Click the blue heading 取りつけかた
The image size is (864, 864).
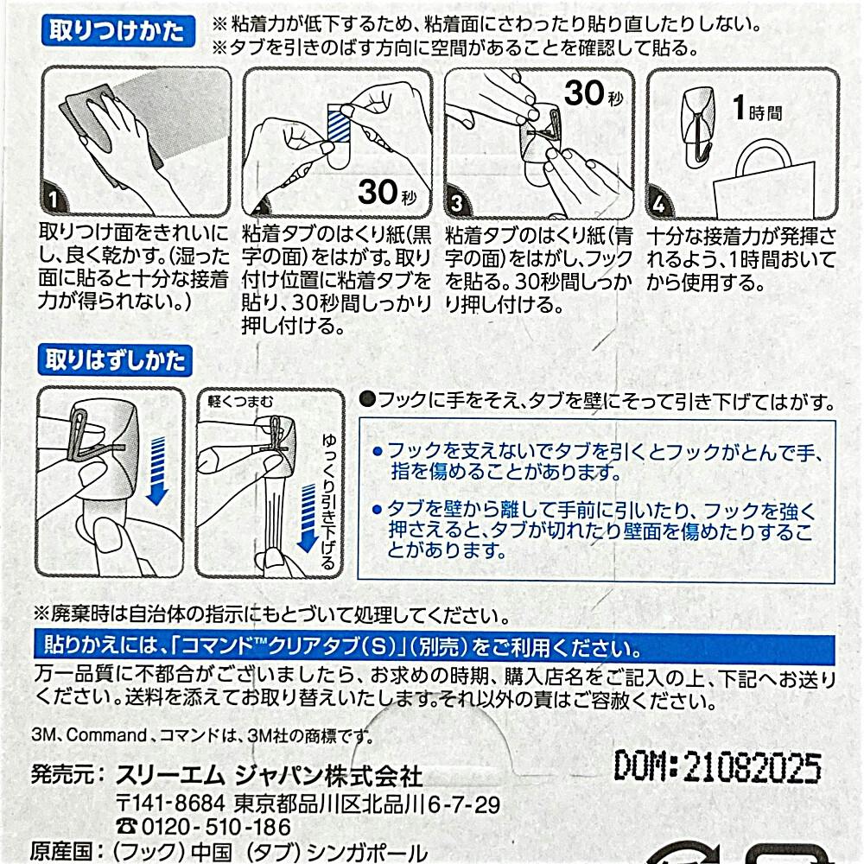[x=118, y=30]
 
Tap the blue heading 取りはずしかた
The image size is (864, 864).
[x=115, y=360]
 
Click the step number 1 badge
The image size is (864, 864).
[x=53, y=199]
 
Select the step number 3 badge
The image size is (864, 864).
[x=456, y=203]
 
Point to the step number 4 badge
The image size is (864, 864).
[x=658, y=203]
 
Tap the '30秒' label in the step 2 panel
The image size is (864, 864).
[x=388, y=193]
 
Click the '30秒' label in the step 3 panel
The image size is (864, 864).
[x=594, y=92]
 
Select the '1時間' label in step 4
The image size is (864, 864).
[x=757, y=108]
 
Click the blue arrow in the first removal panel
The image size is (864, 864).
[x=157, y=470]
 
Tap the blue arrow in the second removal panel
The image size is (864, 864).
[x=308, y=518]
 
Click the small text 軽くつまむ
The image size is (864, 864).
[x=240, y=402]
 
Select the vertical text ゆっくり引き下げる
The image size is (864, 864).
[x=328, y=501]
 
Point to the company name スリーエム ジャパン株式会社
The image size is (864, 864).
[x=269, y=776]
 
